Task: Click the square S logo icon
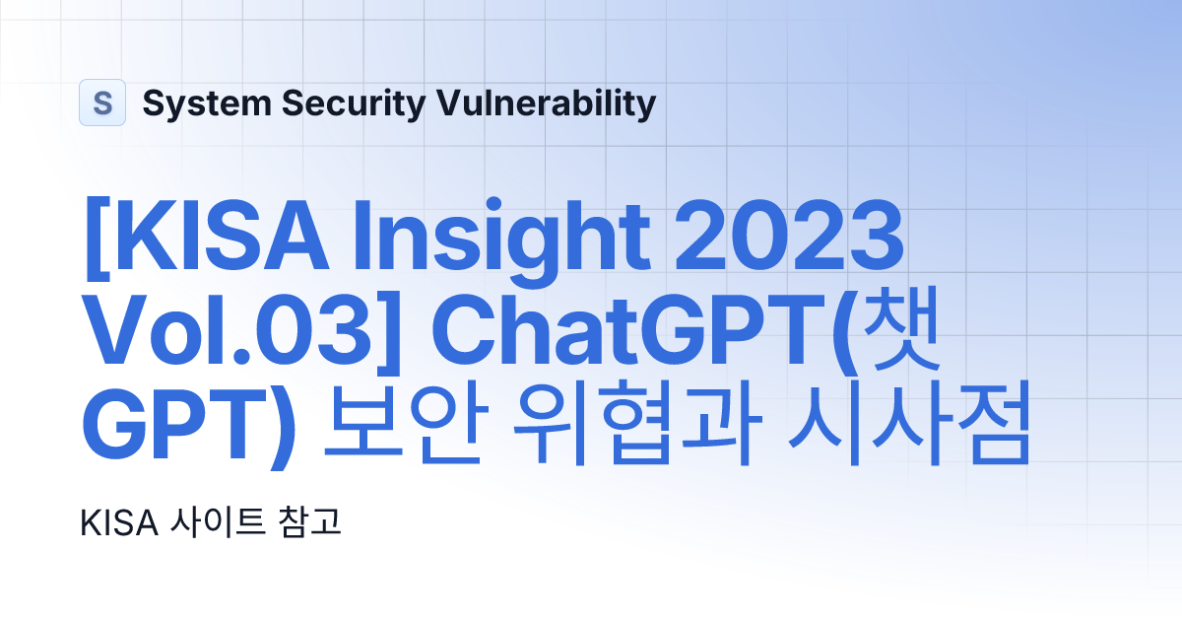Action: pyautogui.click(x=102, y=103)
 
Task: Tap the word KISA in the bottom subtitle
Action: pyautogui.click(x=120, y=523)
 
